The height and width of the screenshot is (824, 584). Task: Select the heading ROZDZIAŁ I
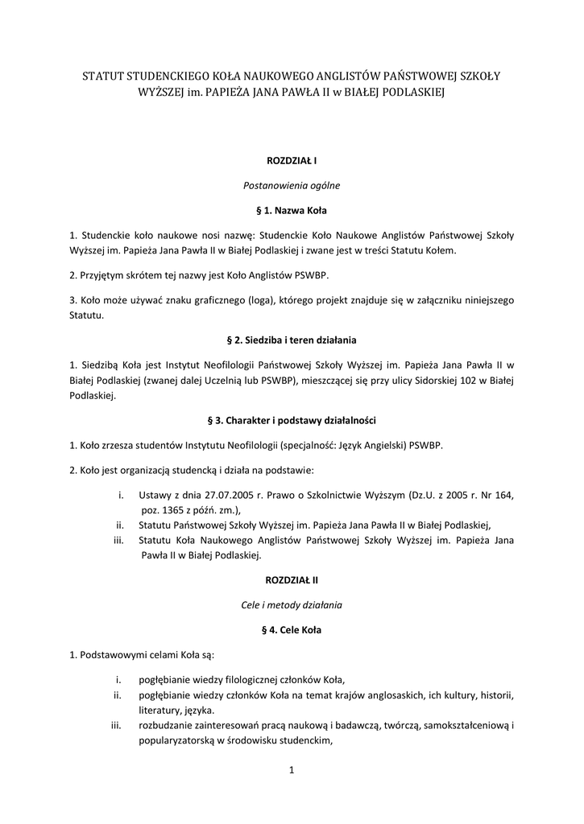pos(292,161)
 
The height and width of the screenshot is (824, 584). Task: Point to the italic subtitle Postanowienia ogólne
pos(292,186)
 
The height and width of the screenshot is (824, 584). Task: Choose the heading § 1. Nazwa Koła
pos(292,211)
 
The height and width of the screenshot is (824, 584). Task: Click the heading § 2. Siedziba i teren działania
pos(292,340)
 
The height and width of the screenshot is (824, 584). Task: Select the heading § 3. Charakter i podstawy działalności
pos(292,420)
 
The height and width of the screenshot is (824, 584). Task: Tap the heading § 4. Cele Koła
pos(292,629)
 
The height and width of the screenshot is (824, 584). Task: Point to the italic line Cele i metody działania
pos(292,604)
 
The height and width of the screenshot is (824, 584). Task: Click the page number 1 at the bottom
pos(292,772)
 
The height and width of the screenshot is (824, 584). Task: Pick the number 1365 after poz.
pos(176,510)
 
